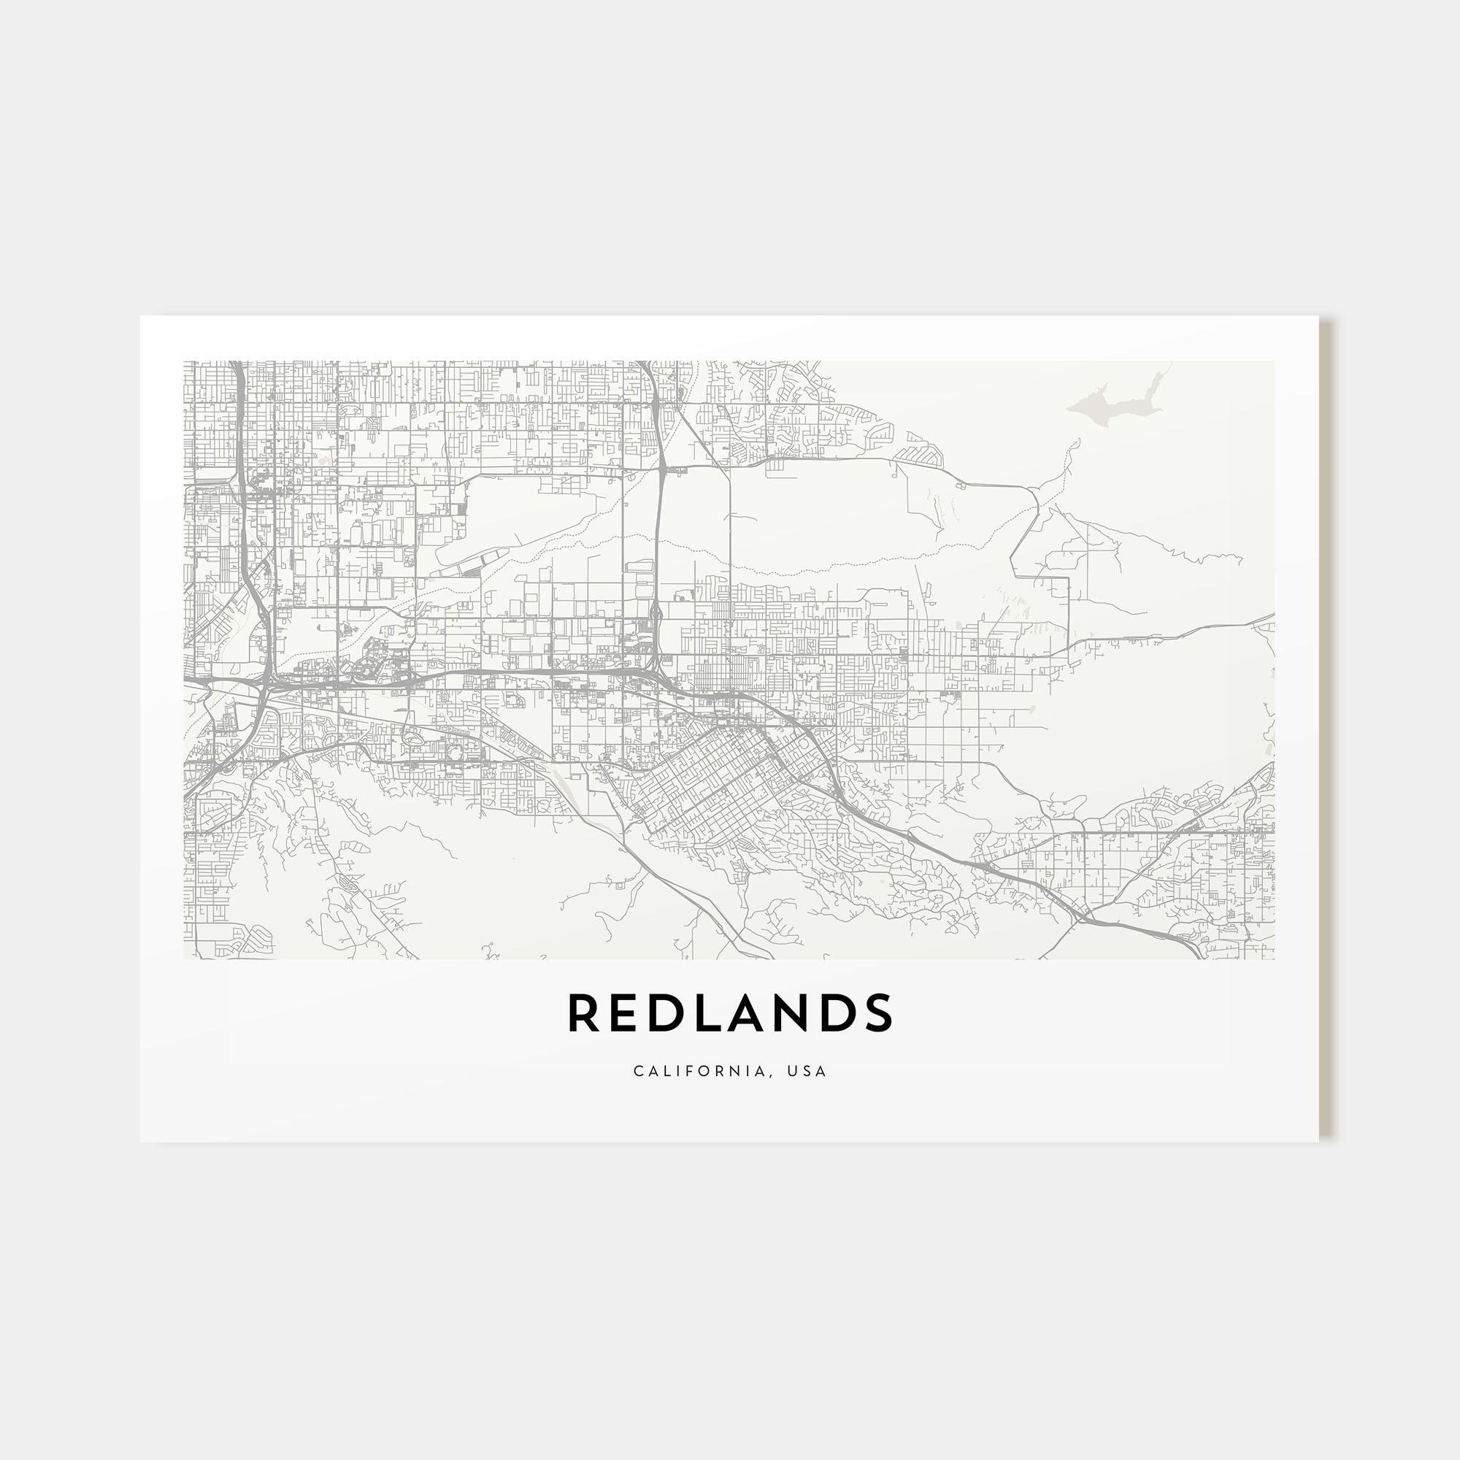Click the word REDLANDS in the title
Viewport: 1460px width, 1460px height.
click(x=730, y=1013)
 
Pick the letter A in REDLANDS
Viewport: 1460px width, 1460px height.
click(x=746, y=1013)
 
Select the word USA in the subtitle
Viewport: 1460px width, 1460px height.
click(x=807, y=1071)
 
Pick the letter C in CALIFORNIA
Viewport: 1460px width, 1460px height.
click(x=639, y=1071)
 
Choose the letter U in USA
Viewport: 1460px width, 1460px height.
click(x=791, y=1071)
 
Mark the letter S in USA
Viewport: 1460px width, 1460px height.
click(x=807, y=1071)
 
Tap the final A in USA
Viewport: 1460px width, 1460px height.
click(x=821, y=1071)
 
